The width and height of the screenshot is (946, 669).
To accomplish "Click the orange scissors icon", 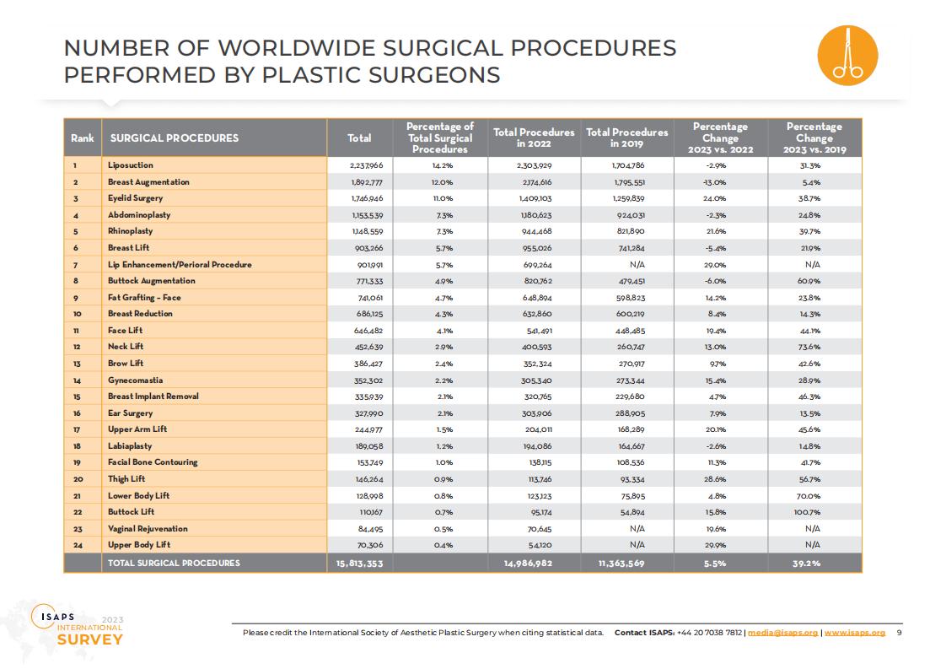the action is click(847, 56).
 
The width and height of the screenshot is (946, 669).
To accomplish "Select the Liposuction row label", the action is click(131, 165).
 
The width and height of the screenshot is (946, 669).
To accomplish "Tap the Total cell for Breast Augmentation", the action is click(367, 182).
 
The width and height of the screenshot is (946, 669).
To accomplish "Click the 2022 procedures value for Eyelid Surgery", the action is click(535, 198).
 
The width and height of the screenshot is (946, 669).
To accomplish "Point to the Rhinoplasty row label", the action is click(131, 231).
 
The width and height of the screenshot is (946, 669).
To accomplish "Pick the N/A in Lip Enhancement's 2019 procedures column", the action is click(637, 264).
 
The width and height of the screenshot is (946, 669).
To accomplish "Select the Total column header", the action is click(359, 138).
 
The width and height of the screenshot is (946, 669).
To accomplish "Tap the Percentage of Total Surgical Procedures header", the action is click(440, 138).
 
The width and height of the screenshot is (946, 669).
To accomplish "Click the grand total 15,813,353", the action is click(359, 564).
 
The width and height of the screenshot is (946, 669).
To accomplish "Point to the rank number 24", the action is click(78, 545).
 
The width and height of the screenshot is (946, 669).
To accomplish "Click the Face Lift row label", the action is click(126, 330).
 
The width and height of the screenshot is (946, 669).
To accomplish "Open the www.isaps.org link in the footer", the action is click(855, 633).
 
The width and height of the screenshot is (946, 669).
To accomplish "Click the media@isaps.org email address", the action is click(782, 633).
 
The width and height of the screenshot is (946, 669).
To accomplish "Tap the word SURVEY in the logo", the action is click(90, 640).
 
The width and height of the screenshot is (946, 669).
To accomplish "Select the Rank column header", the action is click(82, 138).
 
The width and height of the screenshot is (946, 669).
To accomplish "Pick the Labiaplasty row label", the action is click(130, 446).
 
